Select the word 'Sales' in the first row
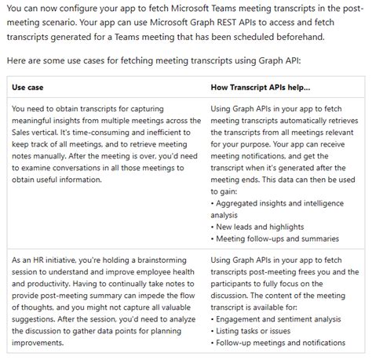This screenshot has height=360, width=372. [x=27, y=136]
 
